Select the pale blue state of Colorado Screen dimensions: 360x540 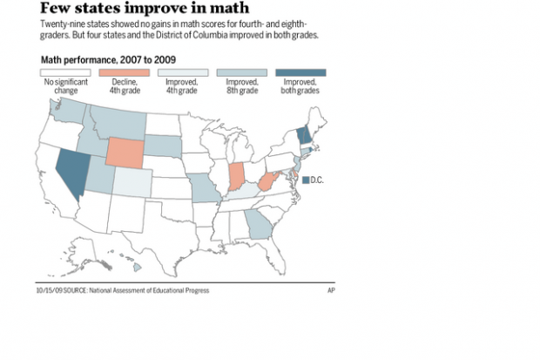(132, 183)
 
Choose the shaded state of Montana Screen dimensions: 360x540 (113, 123)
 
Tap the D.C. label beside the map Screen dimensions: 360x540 (317, 180)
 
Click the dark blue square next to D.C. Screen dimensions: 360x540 (305, 180)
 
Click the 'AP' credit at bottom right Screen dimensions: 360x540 (331, 289)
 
